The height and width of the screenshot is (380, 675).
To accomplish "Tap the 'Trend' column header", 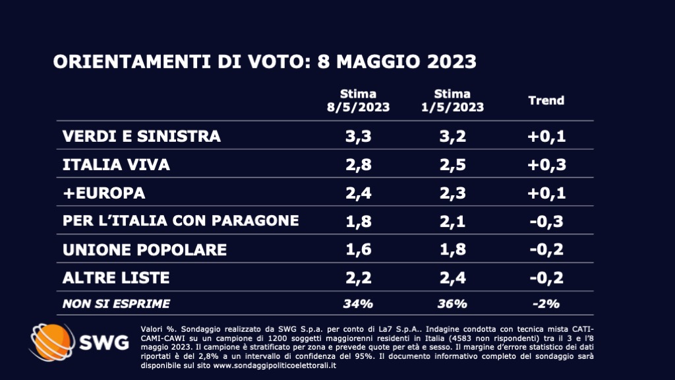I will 546,100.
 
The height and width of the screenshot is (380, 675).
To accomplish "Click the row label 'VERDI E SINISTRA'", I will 141,137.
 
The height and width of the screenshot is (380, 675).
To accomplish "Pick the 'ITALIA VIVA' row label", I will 116,165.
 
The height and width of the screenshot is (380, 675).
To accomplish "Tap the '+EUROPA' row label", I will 103,193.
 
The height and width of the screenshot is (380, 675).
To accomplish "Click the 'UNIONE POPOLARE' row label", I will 144,249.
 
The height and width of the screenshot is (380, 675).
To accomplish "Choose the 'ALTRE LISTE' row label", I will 116,278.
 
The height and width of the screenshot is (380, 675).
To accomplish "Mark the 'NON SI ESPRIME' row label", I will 116,304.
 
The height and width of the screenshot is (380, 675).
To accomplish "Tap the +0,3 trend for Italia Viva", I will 546,165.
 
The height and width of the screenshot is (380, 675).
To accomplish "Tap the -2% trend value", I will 546,304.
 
